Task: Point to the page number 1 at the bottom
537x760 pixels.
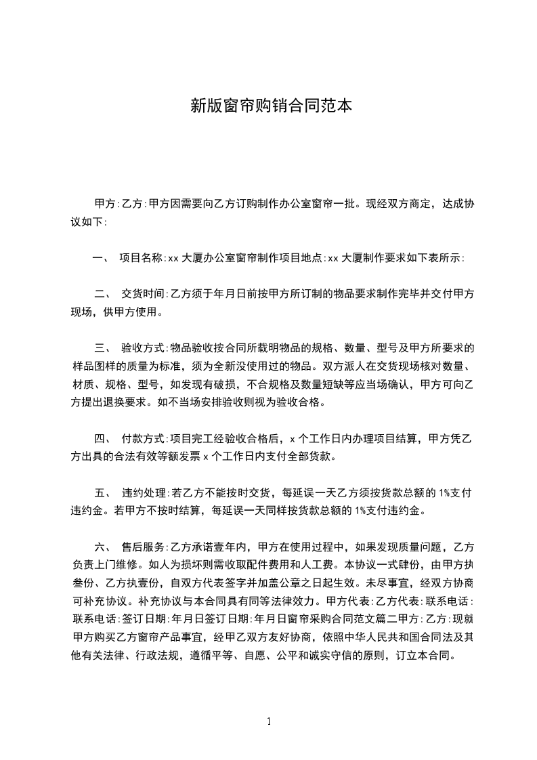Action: pos(269,721)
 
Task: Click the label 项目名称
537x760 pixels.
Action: pos(142,257)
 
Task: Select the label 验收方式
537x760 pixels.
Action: pos(142,348)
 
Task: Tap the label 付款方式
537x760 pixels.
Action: pos(142,438)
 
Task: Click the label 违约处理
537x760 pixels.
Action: pos(144,492)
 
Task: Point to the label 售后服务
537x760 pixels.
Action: pos(144,547)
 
